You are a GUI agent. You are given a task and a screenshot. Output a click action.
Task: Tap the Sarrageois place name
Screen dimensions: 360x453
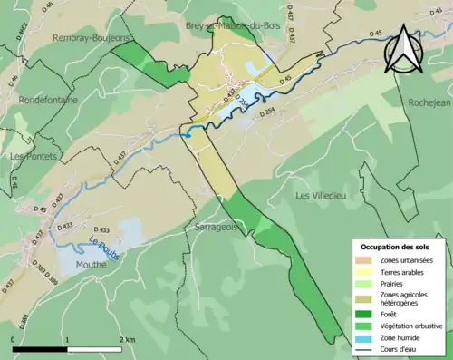click(215, 228)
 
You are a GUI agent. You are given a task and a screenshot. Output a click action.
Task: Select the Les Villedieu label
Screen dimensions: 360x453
click(321, 195)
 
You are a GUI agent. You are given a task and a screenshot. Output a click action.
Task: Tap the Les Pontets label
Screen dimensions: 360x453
click(33, 156)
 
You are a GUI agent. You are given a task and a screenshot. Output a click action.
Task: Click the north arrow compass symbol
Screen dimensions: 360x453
click(401, 50)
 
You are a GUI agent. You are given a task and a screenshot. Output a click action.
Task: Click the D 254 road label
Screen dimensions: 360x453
click(267, 114)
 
